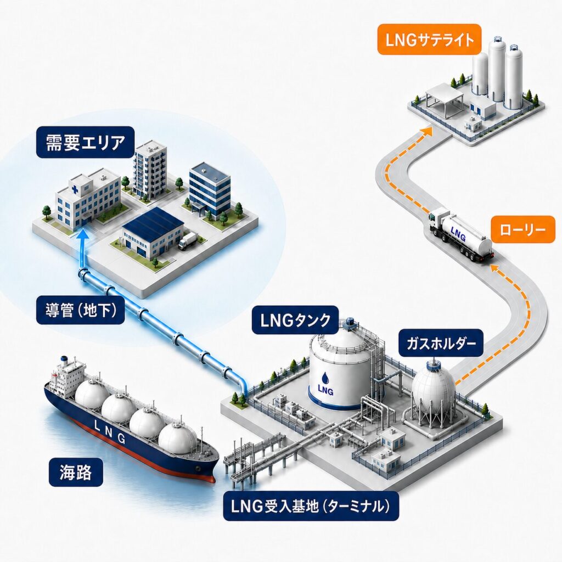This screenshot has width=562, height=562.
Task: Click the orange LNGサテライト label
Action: [429, 40]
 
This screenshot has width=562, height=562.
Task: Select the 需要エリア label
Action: [85, 142]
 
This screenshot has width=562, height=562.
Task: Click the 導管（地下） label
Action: [81, 311]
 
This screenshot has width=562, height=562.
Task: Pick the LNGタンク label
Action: [295, 320]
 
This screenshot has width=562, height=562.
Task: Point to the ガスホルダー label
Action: [441, 344]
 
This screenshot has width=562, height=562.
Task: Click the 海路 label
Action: [76, 472]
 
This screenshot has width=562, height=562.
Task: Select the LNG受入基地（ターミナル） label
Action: [311, 505]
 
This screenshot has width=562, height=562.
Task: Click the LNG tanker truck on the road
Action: [461, 234]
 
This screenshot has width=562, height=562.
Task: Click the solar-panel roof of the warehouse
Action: [154, 220]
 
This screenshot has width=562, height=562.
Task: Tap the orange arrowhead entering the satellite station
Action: [426, 132]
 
